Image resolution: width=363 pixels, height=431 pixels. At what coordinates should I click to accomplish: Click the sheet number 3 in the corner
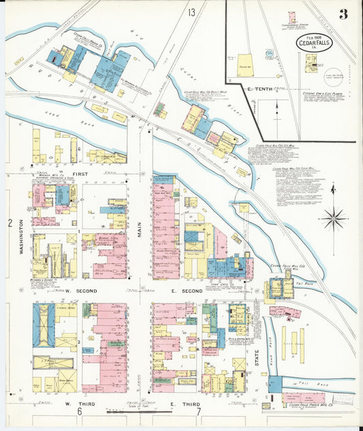pos(343,14)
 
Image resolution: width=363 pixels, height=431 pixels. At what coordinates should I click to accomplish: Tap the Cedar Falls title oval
pos(315,42)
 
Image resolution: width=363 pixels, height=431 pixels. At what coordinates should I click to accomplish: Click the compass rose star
pos(333,219)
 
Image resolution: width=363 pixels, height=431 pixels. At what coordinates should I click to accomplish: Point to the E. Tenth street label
pos(259,90)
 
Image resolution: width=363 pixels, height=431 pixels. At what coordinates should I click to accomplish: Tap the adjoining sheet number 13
pos(192,12)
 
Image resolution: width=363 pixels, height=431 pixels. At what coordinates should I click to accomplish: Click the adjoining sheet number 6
pos(79,412)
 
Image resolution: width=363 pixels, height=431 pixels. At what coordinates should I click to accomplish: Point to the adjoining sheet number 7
pos(198,412)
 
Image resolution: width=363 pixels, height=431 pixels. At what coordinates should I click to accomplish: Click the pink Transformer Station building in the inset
pos(292,18)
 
